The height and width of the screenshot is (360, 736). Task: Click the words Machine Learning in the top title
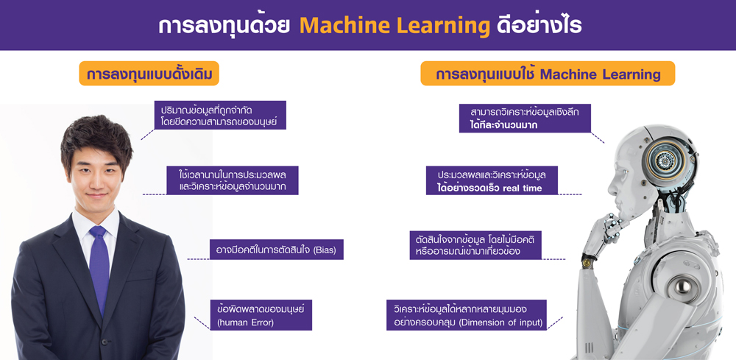394,26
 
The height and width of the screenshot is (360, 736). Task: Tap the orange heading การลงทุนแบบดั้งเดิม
149,74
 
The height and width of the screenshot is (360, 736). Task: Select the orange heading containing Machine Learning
548,74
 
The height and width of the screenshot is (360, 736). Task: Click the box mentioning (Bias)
276,250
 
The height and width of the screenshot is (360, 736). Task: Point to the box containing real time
492,181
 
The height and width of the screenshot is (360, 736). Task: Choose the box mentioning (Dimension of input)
467,314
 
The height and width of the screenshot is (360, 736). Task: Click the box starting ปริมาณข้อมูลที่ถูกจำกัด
219,116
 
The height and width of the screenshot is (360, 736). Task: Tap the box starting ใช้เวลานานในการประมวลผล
233,181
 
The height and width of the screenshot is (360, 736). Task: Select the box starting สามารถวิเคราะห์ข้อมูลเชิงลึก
524,118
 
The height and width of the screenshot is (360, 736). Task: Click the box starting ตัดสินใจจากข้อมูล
475,245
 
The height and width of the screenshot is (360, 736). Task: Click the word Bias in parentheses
324,250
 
